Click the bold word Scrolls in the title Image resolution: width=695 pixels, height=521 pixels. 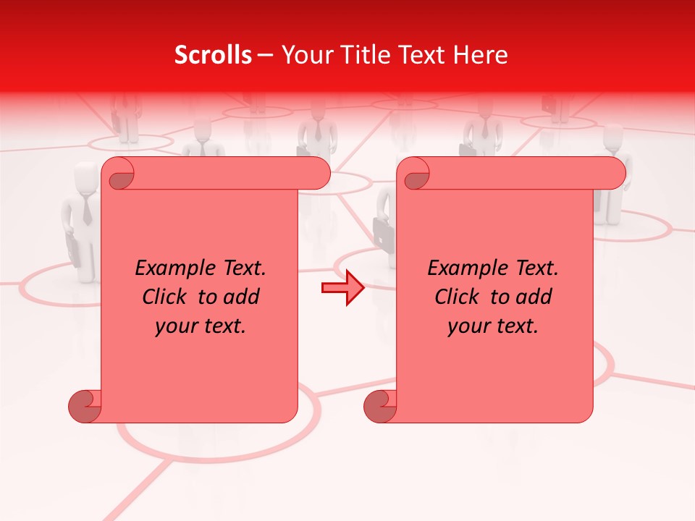coord(213,55)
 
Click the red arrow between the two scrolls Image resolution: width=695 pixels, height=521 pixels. coord(342,288)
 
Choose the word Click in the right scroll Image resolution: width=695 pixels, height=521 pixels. coord(456,297)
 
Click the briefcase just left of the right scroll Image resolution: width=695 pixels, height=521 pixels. coord(382,232)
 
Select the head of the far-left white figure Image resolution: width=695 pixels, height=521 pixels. coord(85,175)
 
